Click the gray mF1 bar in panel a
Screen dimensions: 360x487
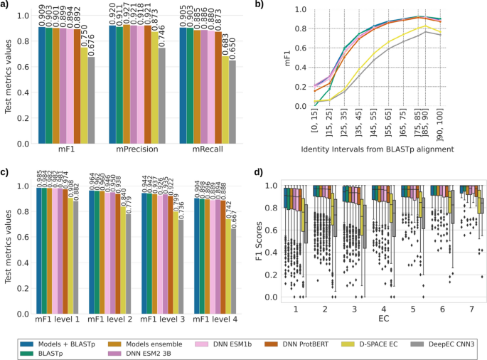[90, 100]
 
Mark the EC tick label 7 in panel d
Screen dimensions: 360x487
[464, 310]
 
